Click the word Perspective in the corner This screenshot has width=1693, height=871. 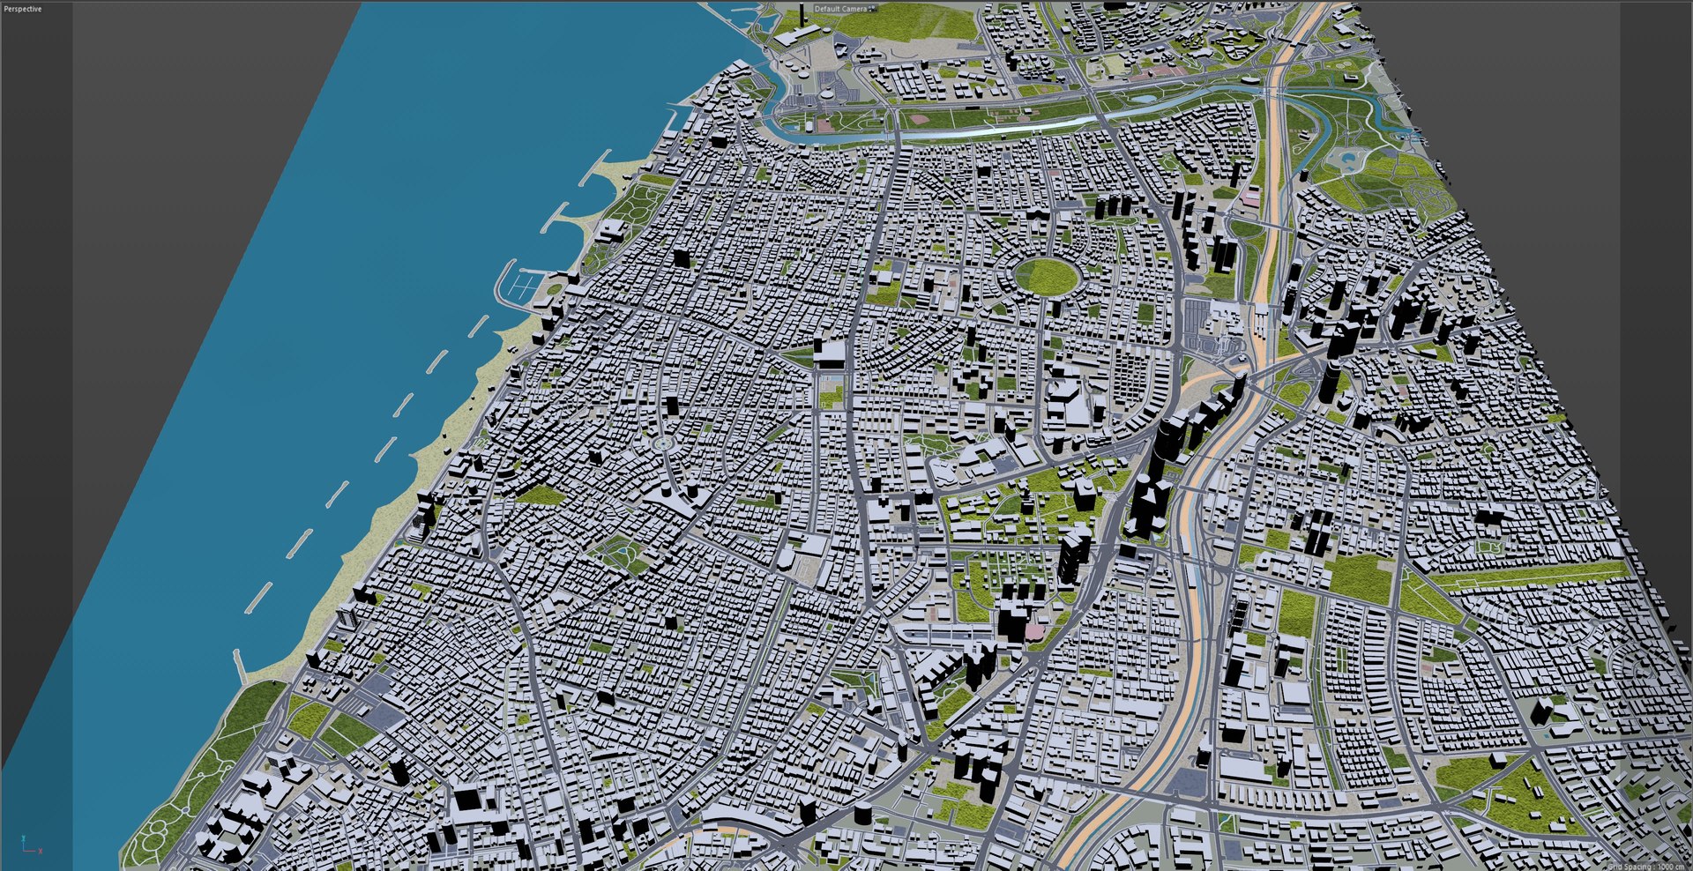23,9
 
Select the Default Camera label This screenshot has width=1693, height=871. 840,9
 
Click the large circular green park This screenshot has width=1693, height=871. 1048,275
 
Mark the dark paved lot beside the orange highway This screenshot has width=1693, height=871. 1190,781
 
